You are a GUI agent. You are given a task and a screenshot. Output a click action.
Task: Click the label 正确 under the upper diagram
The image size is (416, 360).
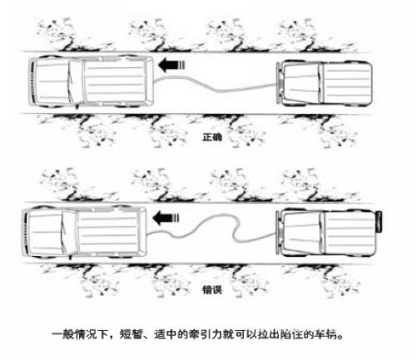pos(212,137)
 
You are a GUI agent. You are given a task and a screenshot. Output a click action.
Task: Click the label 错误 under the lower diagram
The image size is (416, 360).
pos(212,290)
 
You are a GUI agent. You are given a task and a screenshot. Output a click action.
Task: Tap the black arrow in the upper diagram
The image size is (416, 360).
pos(171,66)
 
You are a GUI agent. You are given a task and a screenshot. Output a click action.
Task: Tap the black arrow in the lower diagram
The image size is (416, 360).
pos(166,218)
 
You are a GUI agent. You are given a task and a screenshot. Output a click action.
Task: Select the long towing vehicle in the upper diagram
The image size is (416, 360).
pos(91,81)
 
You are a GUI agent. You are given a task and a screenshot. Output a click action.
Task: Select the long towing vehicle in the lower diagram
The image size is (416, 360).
pos(84,232)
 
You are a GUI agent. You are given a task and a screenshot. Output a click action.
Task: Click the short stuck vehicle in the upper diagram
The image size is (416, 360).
pos(324,83)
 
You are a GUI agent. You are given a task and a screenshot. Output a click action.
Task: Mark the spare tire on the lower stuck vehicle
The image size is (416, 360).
pos(379,221)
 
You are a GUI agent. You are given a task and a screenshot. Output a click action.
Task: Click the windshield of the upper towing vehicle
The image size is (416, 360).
pos(76,81)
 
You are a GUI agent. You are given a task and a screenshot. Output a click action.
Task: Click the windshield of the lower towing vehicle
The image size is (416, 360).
pos(69,232)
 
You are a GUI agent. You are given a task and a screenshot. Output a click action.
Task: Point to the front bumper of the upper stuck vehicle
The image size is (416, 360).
pos(279,83)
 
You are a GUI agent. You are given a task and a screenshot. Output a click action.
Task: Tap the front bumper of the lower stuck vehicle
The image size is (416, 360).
pos(279,233)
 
